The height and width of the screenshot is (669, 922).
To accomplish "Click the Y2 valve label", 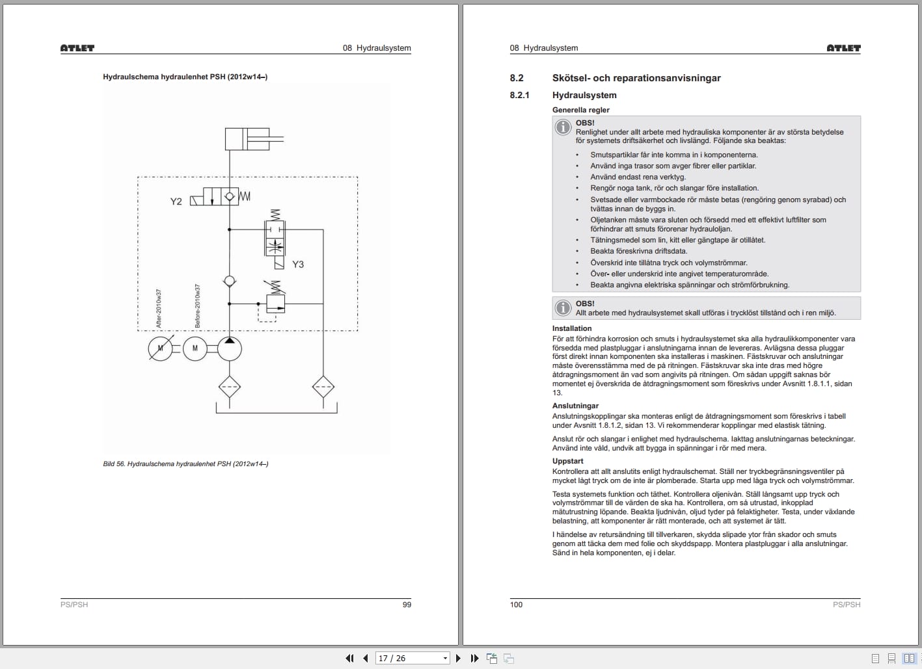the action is (x=176, y=202).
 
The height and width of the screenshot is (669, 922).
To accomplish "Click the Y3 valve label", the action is (x=298, y=264).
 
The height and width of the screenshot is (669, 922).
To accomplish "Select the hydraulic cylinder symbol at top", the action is (x=247, y=138).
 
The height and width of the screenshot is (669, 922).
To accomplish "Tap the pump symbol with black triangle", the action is (x=229, y=349).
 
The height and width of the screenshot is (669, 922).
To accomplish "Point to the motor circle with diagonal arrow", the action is (x=160, y=349).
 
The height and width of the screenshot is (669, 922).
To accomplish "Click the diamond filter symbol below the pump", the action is (x=229, y=387).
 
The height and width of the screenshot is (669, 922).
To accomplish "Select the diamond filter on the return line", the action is (x=323, y=387).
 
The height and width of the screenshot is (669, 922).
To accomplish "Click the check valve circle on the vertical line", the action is (x=229, y=281).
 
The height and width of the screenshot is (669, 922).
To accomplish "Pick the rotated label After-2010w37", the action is (x=159, y=308).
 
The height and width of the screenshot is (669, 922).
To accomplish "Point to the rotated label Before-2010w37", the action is (x=198, y=306).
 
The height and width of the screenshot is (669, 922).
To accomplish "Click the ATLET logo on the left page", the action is (x=77, y=48).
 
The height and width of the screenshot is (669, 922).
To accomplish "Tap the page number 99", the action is (x=407, y=605).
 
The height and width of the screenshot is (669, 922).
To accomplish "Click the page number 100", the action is (x=517, y=605).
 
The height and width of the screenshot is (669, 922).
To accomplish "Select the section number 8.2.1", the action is (x=519, y=95).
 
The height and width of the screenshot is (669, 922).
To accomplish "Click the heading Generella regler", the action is (x=581, y=110).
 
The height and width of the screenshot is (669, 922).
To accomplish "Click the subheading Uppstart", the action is (x=568, y=461).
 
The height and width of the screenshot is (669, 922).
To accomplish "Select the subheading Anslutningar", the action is (x=575, y=406).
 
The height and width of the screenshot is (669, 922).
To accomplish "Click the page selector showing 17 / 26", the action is (x=413, y=659).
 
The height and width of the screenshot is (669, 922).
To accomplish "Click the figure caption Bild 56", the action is (x=185, y=464).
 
